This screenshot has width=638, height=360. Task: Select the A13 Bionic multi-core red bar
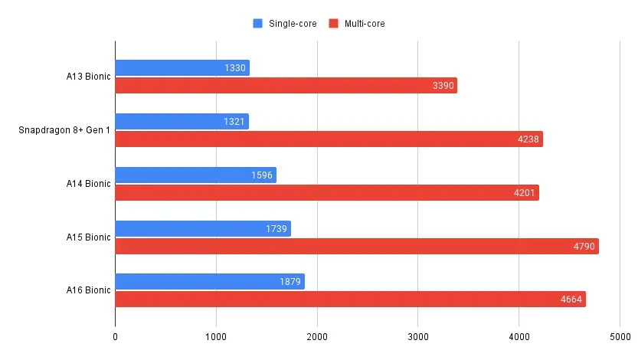point(286,86)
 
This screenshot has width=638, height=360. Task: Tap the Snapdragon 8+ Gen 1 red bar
point(329,139)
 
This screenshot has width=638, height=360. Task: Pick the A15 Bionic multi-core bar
point(356,246)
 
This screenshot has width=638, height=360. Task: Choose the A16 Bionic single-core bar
point(209,282)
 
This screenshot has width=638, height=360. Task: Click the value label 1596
point(262,175)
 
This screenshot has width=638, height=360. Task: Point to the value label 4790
point(584,246)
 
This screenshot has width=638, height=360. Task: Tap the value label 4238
point(528,139)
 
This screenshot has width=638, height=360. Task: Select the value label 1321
point(234,122)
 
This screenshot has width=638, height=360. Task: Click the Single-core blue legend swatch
point(257,24)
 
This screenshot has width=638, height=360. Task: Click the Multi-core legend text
point(364,24)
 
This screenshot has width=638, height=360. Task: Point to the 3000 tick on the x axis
point(417,335)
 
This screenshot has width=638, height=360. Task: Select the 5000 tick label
point(620,335)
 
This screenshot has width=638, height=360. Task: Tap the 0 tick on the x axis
point(116,335)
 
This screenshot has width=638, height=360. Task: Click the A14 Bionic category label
point(88,184)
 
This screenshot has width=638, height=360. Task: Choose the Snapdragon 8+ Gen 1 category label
point(64,130)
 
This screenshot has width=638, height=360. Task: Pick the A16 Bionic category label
point(88,290)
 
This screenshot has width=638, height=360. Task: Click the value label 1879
point(290,282)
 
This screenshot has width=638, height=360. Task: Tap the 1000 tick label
point(216,335)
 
